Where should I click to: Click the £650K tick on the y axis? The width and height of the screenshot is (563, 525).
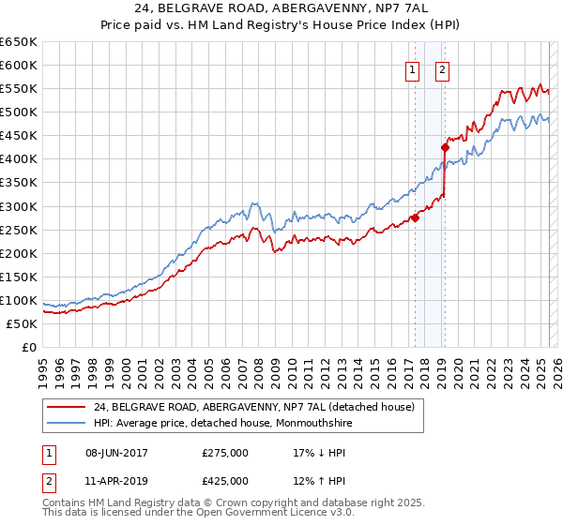click(x=19, y=42)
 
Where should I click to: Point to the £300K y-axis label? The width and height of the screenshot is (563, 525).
click(x=19, y=206)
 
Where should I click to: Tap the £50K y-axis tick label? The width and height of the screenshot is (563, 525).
click(x=23, y=323)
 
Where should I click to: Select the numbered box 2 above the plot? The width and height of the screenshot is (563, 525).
click(x=442, y=68)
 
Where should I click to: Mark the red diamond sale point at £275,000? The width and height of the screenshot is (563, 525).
click(x=415, y=218)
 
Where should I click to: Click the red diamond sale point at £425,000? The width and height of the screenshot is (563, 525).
click(x=446, y=147)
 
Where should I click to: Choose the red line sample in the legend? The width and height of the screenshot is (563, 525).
click(x=67, y=407)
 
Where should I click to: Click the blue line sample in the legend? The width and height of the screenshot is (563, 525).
click(x=67, y=423)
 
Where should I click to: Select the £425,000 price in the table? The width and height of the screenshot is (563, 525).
click(x=225, y=481)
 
